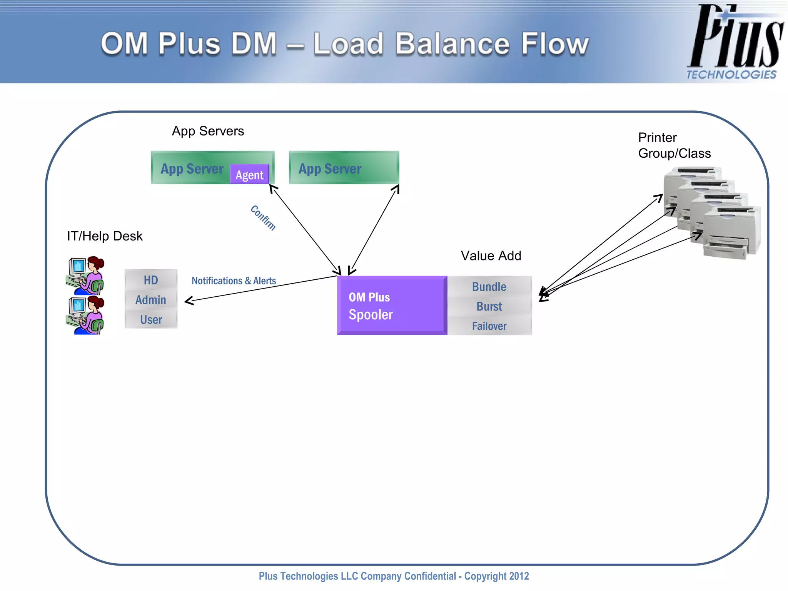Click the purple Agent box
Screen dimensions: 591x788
pos(249,175)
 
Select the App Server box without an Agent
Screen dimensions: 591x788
pos(344,168)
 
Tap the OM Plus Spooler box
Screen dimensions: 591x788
pos(392,306)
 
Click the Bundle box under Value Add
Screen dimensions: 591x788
pos(489,287)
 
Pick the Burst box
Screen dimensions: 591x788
pos(489,306)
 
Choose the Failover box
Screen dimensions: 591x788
pos(489,326)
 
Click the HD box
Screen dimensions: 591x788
pos(151,280)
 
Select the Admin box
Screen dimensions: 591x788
pos(151,300)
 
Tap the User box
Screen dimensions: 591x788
pos(151,319)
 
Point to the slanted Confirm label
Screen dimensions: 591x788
pos(263,218)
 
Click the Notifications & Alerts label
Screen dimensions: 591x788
pos(234,281)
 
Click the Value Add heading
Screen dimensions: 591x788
pos(491,255)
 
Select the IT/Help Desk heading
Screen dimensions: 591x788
pos(105,236)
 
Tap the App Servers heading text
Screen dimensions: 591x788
pos(208,131)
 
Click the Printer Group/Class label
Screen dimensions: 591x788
pos(674,145)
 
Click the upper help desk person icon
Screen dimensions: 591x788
pos(85,275)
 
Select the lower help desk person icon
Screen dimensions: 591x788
pos(85,315)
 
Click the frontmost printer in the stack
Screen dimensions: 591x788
pos(731,233)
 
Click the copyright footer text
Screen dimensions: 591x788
pos(394,576)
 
